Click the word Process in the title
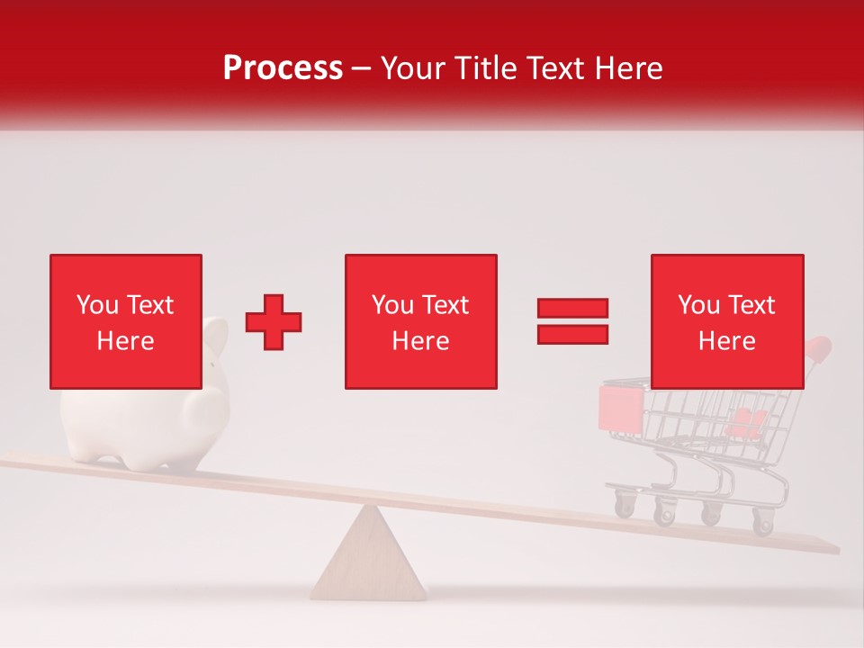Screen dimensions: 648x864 click(283, 68)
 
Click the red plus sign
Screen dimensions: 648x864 click(274, 321)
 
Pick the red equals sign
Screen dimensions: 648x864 click(572, 321)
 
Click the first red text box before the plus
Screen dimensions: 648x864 click(126, 321)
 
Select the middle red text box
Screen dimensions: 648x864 click(421, 321)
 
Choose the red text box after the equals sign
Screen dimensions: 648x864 click(727, 321)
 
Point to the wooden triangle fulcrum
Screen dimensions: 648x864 click(368, 559)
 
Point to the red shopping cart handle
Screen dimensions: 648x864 click(818, 346)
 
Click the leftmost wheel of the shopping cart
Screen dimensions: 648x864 click(624, 506)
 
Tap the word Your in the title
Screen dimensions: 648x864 click(412, 68)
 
